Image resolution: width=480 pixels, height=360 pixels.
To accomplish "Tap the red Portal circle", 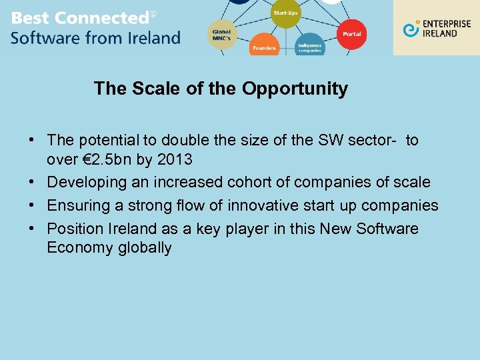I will click(x=351, y=33).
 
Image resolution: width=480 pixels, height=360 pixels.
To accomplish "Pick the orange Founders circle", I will click(x=264, y=45).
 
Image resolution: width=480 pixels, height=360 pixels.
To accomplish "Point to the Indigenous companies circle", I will click(x=309, y=45).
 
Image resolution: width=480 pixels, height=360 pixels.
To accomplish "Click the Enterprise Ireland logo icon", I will click(x=411, y=29).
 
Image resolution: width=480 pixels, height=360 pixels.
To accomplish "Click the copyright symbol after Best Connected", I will click(x=153, y=14).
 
